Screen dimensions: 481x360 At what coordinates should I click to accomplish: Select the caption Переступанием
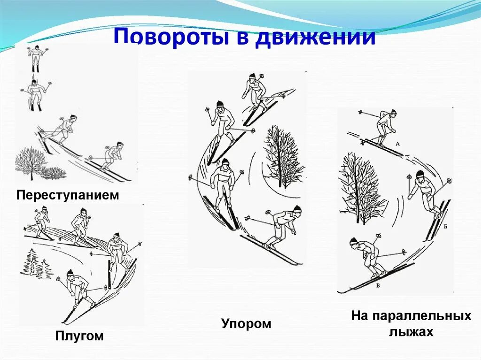(x=68, y=195)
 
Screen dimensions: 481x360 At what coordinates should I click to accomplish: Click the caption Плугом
(x=79, y=336)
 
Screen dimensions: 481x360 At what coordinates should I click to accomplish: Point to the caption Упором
(x=246, y=323)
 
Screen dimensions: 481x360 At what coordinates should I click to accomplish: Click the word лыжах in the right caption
(x=411, y=332)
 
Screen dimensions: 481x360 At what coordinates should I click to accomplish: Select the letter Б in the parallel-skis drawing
(x=444, y=225)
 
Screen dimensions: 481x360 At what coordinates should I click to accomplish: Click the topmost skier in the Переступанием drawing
(x=34, y=59)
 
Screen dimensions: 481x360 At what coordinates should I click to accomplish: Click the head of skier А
(x=393, y=113)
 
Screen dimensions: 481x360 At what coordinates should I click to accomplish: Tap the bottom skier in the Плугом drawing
(x=75, y=289)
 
